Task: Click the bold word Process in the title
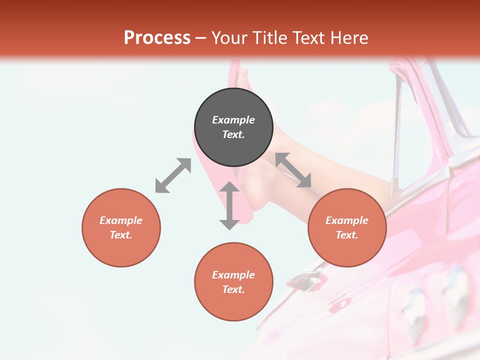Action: coord(157,38)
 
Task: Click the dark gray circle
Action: coord(233,127)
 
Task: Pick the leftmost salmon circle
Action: coord(121,227)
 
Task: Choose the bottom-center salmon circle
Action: coord(233,281)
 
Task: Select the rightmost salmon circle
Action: coord(347,227)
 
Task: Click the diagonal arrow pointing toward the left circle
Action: coord(173,175)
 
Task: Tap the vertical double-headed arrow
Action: coord(229,205)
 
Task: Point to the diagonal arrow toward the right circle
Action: coord(293,170)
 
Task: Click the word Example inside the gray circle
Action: coord(233,120)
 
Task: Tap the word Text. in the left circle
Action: coord(121,235)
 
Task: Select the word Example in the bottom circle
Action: coord(233,274)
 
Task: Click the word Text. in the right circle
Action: coord(347,235)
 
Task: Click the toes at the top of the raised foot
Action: coord(243,76)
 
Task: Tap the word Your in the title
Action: coord(228,38)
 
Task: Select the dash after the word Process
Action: coord(201,38)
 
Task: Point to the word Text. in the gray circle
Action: coord(233,134)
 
